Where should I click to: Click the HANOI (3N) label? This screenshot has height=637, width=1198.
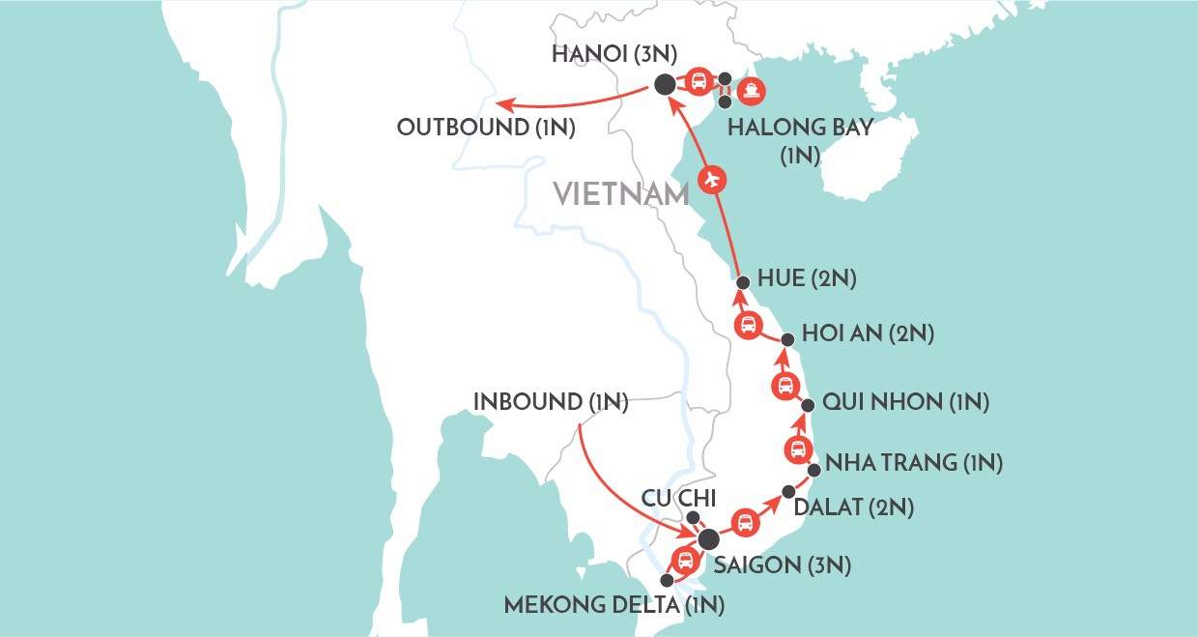click(606, 53)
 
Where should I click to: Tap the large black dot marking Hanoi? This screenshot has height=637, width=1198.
click(665, 85)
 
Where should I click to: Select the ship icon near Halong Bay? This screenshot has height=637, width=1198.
click(753, 90)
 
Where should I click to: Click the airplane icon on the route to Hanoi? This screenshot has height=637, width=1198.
click(712, 179)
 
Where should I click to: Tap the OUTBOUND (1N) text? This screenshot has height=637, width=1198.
click(486, 127)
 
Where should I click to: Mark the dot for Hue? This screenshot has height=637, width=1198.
click(742, 282)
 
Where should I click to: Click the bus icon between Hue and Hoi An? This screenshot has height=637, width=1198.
click(747, 326)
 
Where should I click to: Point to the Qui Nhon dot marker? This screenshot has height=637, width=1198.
click(808, 404)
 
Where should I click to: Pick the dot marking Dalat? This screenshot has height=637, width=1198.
click(788, 491)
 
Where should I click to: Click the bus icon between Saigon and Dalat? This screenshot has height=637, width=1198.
click(743, 524)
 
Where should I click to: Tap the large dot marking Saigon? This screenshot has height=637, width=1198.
click(708, 538)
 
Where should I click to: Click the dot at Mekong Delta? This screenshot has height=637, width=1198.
click(666, 580)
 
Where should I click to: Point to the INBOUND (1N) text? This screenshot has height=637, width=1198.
click(551, 401)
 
